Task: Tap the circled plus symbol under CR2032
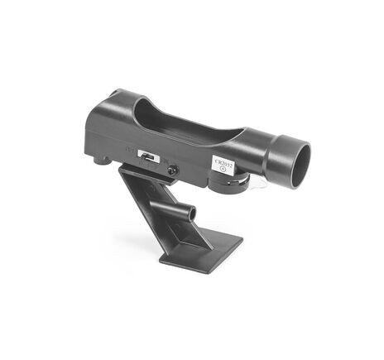[x=223, y=172]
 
